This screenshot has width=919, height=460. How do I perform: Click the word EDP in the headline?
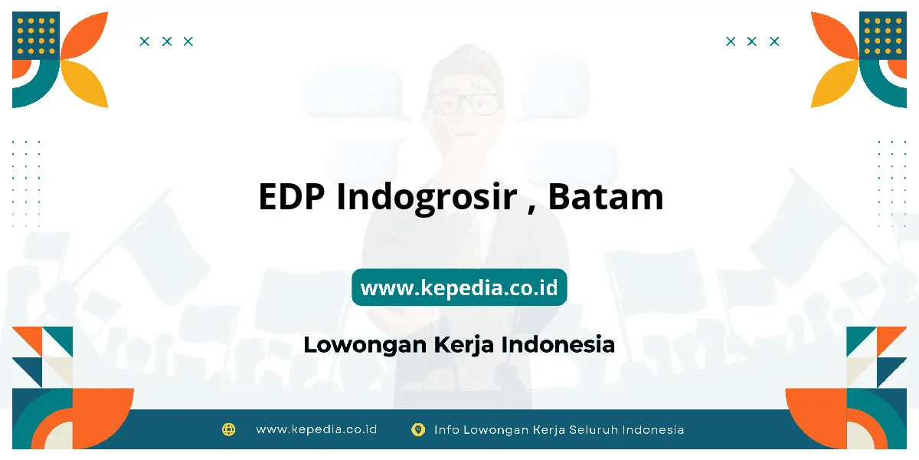coord(291,197)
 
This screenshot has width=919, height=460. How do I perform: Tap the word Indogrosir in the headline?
coord(427,199)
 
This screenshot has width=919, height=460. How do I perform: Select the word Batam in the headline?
coord(606,197)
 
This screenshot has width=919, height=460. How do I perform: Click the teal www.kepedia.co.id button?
coord(459,287)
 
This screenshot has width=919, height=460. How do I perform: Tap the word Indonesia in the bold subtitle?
coord(558,344)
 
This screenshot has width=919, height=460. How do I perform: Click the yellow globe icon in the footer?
coord(228,429)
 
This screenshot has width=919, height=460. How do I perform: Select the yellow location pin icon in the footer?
coord(418,429)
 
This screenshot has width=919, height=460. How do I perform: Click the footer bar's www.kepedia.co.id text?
coord(316,429)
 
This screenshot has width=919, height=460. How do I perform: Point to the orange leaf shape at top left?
coord(84,36)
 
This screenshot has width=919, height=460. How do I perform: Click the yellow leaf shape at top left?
coord(84,84)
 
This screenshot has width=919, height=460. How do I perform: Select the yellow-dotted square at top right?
coord(883,35)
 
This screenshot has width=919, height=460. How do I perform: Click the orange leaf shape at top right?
coord(835,36)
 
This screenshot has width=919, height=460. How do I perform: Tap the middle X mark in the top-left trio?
coord(167,41)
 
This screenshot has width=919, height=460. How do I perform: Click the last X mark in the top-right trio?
coord(774,41)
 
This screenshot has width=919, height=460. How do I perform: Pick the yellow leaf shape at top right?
coord(835,84)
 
